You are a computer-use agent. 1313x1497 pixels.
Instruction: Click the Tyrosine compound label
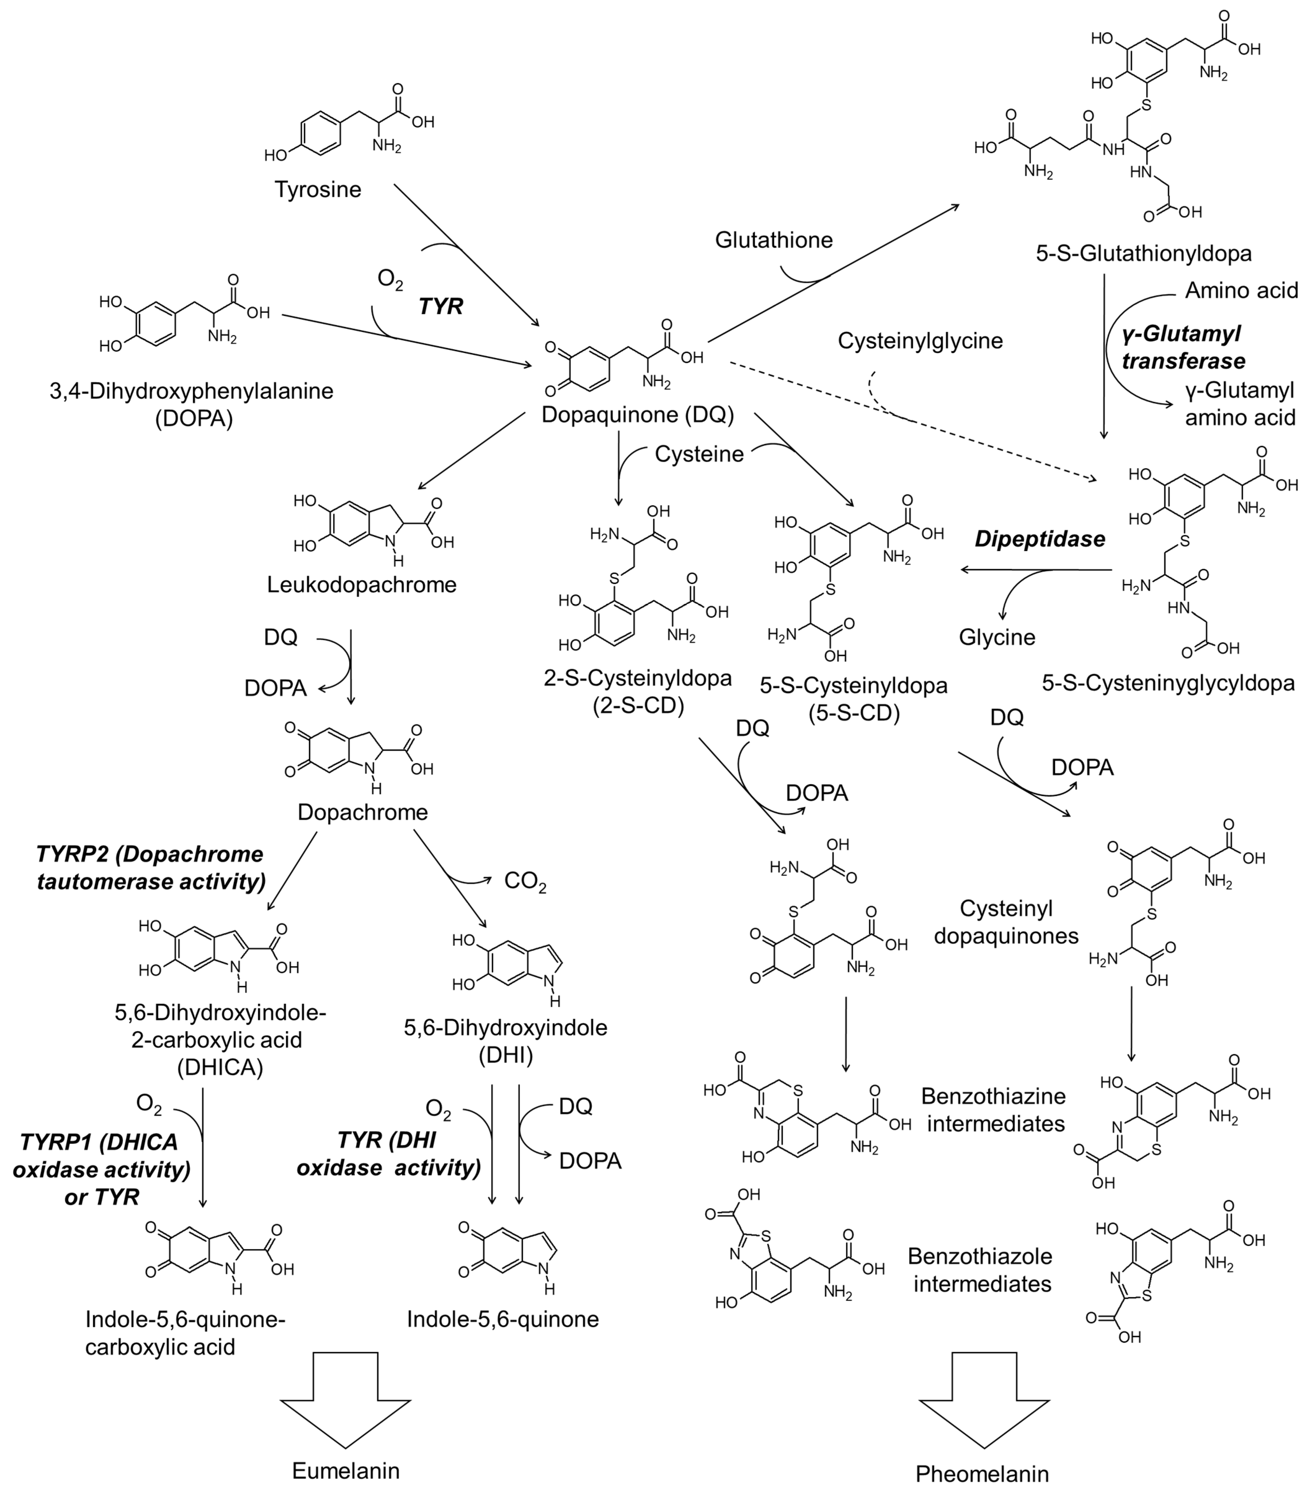(x=318, y=190)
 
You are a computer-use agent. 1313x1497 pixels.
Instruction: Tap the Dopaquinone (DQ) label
(x=638, y=414)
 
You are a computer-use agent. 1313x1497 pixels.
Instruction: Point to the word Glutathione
(x=774, y=240)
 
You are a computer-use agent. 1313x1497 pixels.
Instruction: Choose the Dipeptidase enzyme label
(x=1039, y=539)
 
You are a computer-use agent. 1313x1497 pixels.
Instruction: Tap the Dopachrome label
(x=363, y=811)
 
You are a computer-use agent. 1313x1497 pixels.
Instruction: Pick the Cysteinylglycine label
(x=920, y=341)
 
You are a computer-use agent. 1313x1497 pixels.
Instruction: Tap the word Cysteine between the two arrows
(x=699, y=454)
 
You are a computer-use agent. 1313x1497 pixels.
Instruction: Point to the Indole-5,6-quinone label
(x=503, y=1319)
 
